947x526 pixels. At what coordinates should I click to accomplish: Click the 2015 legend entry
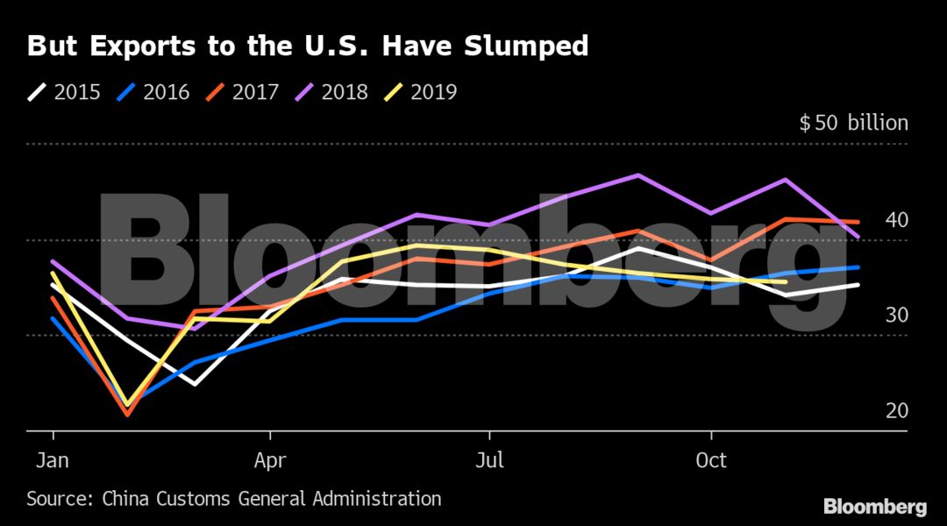pyautogui.click(x=65, y=92)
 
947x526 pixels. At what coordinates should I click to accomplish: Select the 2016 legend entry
pyautogui.click(x=153, y=92)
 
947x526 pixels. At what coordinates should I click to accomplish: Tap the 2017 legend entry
pyautogui.click(x=243, y=92)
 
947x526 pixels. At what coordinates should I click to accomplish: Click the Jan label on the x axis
pyautogui.click(x=53, y=459)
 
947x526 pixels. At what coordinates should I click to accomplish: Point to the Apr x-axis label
pyautogui.click(x=270, y=459)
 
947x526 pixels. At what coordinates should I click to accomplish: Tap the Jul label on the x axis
pyautogui.click(x=488, y=459)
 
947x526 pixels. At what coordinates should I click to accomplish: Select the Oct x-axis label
pyautogui.click(x=710, y=459)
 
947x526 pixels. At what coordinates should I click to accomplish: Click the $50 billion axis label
pyautogui.click(x=853, y=123)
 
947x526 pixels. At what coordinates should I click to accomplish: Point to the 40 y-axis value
pyautogui.click(x=896, y=220)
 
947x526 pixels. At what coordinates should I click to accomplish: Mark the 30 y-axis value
pyautogui.click(x=896, y=316)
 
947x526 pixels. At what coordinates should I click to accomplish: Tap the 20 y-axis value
pyautogui.click(x=896, y=411)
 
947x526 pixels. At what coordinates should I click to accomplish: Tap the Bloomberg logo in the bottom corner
pyautogui.click(x=874, y=507)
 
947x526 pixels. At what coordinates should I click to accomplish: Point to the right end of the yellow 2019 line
pyautogui.click(x=785, y=281)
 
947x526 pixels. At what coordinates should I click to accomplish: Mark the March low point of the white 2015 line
pyautogui.click(x=195, y=384)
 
